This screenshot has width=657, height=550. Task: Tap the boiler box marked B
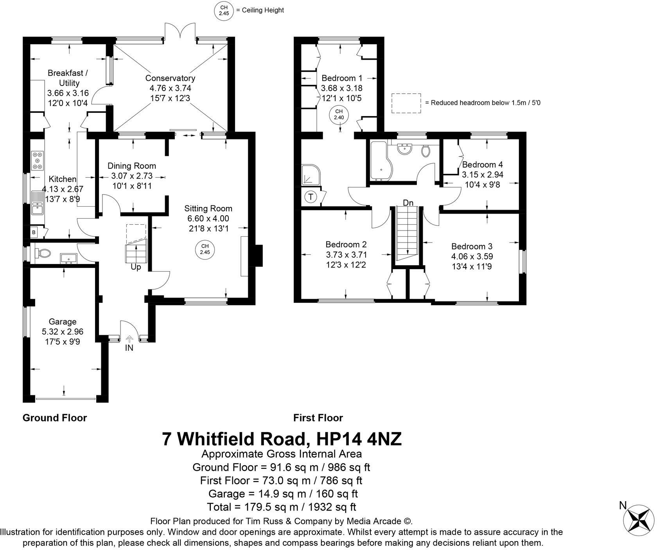(x=34, y=232)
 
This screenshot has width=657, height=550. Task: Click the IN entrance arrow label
(x=129, y=347)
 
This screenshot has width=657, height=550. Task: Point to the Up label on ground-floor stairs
(x=136, y=267)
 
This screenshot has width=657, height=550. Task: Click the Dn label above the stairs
(x=408, y=203)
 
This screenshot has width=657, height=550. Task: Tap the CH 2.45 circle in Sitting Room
(x=205, y=249)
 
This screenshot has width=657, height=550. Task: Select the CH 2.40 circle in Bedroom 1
(x=339, y=115)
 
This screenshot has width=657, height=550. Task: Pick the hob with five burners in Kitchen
(x=38, y=161)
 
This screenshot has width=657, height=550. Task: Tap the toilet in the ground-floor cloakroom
(x=43, y=254)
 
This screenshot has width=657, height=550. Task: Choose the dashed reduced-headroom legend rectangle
(x=406, y=103)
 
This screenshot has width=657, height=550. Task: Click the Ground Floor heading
(x=55, y=418)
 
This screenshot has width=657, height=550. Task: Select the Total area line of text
(x=282, y=507)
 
